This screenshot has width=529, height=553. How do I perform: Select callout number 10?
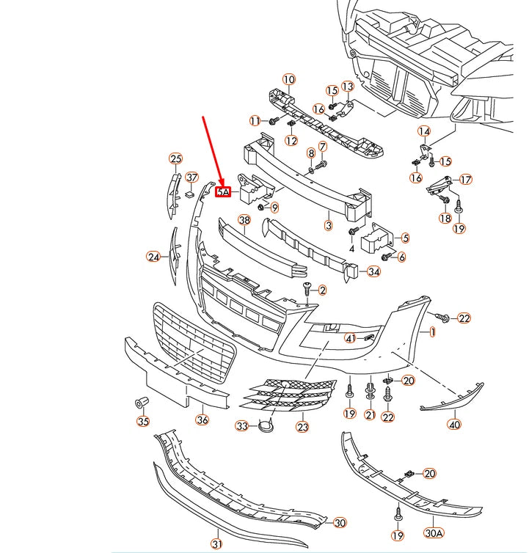click(288, 79)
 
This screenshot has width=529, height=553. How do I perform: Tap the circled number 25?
click(175, 158)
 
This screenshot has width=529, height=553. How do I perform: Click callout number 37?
click(191, 177)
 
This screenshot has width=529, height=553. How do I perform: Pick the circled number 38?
click(244, 220)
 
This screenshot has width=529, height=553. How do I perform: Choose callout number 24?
click(153, 257)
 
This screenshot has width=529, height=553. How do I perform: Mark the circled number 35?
click(143, 421)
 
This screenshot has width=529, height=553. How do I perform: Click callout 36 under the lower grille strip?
click(203, 420)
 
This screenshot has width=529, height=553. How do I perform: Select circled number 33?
click(242, 426)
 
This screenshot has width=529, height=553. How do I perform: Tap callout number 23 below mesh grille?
click(302, 426)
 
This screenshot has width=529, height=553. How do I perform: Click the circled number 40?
click(454, 425)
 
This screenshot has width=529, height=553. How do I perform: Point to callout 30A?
click(434, 533)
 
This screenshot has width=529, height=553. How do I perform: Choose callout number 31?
click(217, 543)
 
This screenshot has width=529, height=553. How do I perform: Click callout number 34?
click(374, 272)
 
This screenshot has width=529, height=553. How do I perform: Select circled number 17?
click(466, 180)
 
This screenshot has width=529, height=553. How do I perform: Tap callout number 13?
click(347, 87)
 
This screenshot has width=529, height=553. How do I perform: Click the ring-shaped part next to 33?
click(264, 425)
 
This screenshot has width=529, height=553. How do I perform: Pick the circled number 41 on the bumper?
click(351, 338)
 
